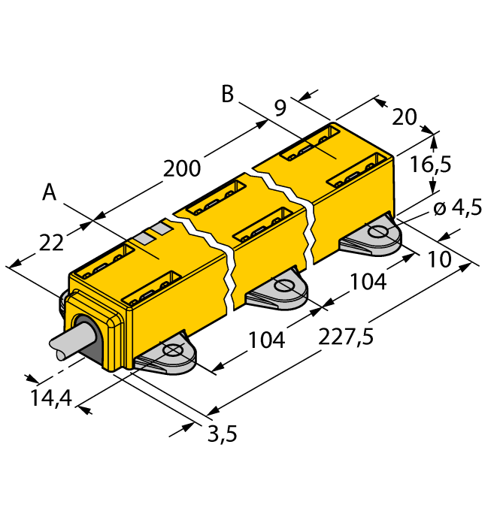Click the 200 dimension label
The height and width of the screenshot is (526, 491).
183,169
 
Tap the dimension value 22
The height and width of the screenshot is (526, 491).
51,241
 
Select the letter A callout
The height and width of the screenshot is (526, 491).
50,192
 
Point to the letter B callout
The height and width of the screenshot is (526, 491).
228,95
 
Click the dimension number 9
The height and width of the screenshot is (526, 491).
279,107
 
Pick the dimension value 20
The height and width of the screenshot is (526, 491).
405,116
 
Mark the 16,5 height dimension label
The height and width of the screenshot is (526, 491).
431,164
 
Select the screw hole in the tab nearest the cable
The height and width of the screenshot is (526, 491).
172,351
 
